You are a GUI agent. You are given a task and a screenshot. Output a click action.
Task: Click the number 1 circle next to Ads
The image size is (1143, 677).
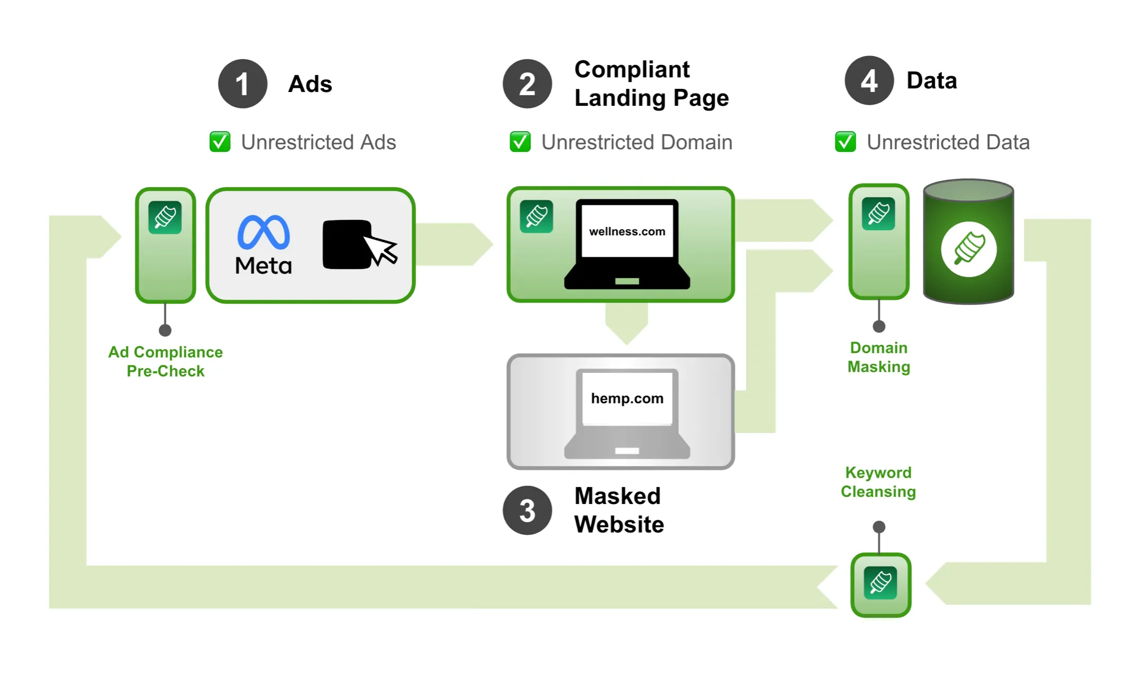[x=242, y=84]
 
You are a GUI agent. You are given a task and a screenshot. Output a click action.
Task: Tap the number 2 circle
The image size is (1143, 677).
[x=527, y=84]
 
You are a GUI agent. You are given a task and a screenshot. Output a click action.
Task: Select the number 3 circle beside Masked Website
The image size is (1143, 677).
[x=527, y=510]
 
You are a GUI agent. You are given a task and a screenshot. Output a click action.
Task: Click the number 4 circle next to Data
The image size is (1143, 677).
[x=869, y=80]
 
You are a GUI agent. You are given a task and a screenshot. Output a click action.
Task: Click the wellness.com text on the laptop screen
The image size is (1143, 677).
[x=627, y=231]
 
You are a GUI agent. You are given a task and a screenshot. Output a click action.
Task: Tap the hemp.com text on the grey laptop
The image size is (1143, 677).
[x=627, y=398]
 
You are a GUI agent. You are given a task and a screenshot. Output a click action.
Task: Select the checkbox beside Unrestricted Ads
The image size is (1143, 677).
[x=220, y=142]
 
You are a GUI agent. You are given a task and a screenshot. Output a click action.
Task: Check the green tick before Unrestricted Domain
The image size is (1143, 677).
[x=520, y=142]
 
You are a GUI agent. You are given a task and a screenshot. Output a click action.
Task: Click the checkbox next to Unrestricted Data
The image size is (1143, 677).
[x=845, y=142]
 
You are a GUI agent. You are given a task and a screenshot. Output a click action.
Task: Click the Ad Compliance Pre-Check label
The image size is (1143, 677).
[x=166, y=361]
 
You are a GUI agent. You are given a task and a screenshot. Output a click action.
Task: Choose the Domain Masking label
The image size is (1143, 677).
[x=878, y=357]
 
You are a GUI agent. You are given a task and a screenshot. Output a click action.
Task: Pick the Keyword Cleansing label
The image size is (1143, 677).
[x=878, y=482]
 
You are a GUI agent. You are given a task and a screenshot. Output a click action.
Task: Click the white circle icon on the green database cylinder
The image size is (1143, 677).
[x=968, y=249]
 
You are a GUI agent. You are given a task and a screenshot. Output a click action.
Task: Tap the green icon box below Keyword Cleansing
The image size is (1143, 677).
[x=881, y=584]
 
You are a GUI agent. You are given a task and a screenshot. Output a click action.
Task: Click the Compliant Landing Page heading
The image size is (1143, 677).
[x=651, y=84]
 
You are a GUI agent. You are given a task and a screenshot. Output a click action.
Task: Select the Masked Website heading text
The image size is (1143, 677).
[x=619, y=510]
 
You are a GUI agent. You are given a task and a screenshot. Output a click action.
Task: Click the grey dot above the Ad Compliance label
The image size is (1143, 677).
[x=165, y=331]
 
